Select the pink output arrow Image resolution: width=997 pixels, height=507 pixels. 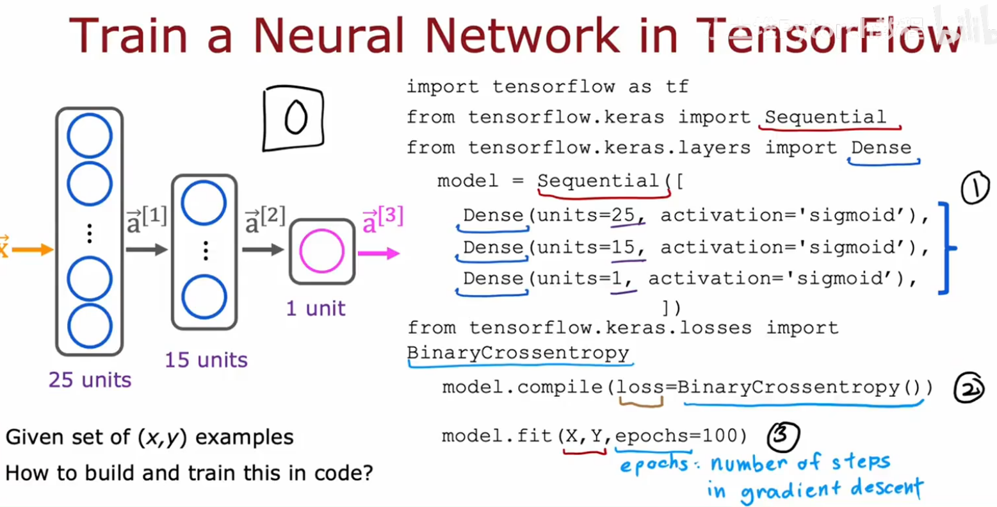point(379,254)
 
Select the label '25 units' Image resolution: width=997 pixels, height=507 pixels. point(90,380)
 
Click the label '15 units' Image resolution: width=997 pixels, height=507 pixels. point(206,360)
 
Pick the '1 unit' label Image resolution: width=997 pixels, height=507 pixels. point(316,308)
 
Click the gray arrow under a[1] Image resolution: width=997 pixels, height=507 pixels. point(147,249)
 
